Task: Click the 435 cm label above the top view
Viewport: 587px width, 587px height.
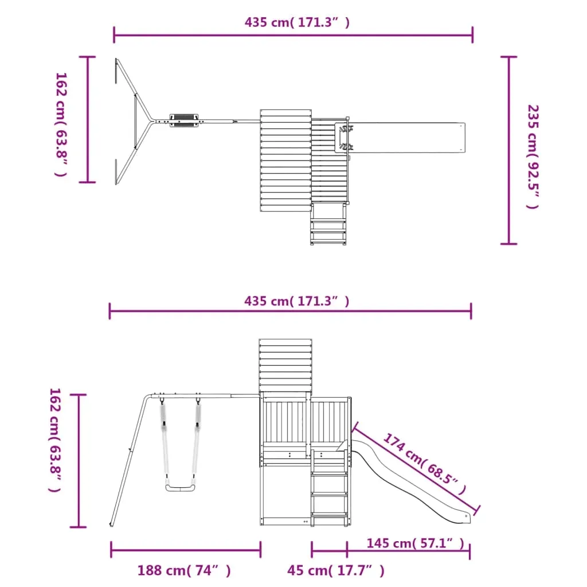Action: [x=297, y=22]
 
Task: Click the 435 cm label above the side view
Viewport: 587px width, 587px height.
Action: [x=296, y=301]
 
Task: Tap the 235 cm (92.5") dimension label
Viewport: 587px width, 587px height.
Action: [x=533, y=157]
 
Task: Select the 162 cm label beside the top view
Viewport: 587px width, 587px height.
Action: [x=61, y=124]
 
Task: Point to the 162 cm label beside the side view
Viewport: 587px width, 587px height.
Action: [x=54, y=440]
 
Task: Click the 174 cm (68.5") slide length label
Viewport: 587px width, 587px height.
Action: [x=425, y=464]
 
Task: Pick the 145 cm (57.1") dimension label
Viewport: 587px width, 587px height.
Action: [x=415, y=543]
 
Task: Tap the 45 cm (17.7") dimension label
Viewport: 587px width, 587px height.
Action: [x=336, y=570]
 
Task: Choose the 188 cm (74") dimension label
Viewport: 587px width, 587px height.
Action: [x=184, y=570]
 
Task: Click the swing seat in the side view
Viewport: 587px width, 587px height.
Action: [x=180, y=487]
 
